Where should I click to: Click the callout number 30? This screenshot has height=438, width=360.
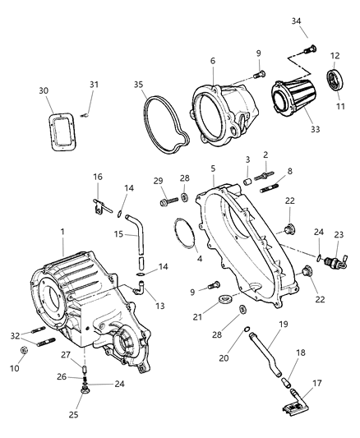(x=54, y=91)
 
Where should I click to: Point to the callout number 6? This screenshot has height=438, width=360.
(x=212, y=61)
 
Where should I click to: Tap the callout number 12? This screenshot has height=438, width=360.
(x=334, y=56)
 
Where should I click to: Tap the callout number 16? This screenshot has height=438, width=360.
(x=97, y=177)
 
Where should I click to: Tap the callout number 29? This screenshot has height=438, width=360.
(x=158, y=180)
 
